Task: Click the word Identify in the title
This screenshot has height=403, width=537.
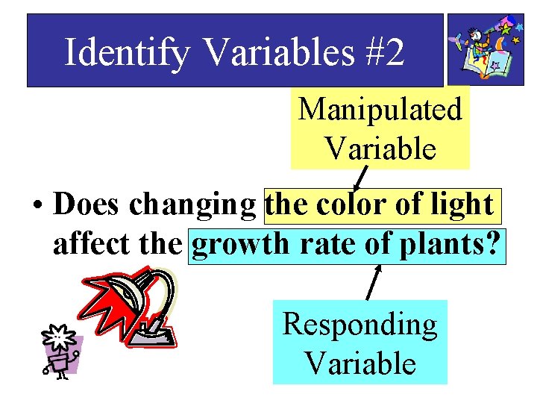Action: (127, 52)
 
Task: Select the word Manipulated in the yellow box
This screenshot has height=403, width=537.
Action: (380, 110)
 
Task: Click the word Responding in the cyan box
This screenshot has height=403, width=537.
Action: (359, 325)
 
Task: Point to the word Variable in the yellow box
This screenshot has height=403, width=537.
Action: (380, 149)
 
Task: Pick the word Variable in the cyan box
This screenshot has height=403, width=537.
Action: (359, 363)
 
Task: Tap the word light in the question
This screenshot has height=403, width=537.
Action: (462, 204)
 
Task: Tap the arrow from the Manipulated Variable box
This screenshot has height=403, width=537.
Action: (359, 179)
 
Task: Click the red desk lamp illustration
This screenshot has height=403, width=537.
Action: (131, 306)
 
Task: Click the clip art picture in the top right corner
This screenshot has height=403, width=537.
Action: (486, 49)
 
